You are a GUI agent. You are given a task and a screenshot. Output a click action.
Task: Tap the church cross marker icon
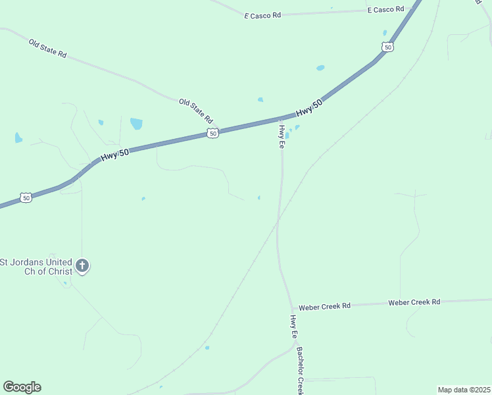[x=82, y=266]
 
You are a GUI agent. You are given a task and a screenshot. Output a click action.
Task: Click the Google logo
[x=22, y=387]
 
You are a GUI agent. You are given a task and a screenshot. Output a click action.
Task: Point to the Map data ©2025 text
[x=464, y=390]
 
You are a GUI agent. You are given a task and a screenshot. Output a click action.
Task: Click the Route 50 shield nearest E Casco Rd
[x=387, y=47]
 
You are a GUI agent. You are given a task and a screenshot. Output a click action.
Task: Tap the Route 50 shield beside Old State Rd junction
[x=212, y=134]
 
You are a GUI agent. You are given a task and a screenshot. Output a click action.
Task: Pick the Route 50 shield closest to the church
[x=25, y=197]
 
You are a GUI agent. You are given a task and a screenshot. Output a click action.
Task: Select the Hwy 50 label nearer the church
[x=115, y=155]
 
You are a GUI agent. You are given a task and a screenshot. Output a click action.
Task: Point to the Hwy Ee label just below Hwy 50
[x=282, y=136]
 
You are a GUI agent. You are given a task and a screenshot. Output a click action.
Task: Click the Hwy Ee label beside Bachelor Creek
[x=293, y=327]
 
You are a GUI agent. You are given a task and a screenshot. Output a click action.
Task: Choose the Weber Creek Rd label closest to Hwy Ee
[x=325, y=307]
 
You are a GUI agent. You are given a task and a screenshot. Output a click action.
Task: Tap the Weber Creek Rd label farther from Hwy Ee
[x=414, y=302]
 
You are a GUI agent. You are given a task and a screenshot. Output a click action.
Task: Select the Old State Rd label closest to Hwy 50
[x=197, y=111]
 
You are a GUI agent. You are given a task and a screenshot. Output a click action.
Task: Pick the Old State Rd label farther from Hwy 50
[x=47, y=48]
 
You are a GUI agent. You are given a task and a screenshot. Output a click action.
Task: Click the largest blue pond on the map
[x=136, y=123]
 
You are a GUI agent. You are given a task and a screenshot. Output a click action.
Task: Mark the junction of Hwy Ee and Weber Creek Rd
[x=292, y=308]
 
